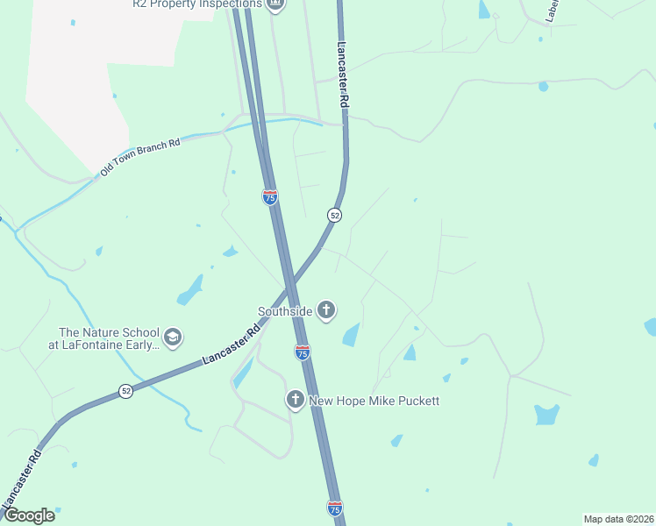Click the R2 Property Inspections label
tap(196, 4)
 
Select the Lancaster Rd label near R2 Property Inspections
tap(343, 75)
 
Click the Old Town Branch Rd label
tap(139, 156)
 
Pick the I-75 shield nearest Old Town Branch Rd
tap(270, 197)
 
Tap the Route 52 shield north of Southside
tap(334, 215)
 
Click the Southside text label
tap(285, 310)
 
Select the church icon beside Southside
tap(326, 309)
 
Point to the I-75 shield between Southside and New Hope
tap(303, 352)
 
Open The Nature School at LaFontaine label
tap(109, 338)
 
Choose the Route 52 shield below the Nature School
tap(126, 392)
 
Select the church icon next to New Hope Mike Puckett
tap(296, 400)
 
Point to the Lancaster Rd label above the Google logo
tap(21, 478)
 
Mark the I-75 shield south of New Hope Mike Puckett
tap(334, 508)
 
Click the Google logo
tap(29, 515)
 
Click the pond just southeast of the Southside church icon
tap(351, 335)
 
